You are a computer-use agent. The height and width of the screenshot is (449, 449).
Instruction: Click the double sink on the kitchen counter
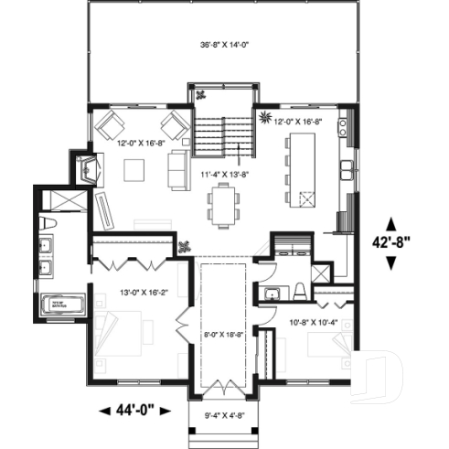click(347, 168)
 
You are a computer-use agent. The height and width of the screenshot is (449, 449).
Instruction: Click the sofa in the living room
click(176, 169)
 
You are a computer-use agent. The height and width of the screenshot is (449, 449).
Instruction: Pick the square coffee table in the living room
click(134, 169)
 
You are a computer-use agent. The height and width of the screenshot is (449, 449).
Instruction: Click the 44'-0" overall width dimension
click(136, 410)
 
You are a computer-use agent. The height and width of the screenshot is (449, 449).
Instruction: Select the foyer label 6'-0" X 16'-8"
click(223, 335)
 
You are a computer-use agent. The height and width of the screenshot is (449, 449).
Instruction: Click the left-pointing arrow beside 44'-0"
click(102, 410)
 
